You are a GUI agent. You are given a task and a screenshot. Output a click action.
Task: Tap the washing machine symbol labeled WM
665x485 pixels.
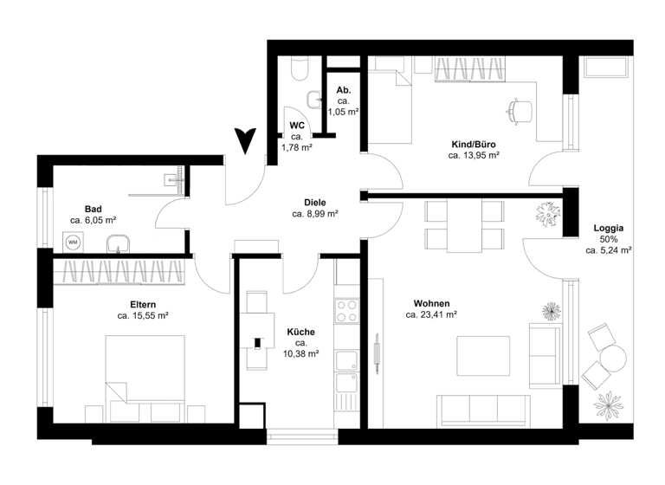74,243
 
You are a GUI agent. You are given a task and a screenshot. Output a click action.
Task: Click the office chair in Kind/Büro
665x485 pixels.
518,109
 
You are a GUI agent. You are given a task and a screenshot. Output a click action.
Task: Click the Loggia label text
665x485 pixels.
609,229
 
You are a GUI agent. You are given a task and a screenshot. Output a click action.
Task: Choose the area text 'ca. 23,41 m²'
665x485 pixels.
431,315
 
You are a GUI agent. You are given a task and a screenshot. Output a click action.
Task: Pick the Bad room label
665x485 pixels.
94,209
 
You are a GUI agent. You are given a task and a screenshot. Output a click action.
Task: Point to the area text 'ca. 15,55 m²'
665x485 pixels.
143,316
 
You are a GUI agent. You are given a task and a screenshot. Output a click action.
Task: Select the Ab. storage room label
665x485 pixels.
343,90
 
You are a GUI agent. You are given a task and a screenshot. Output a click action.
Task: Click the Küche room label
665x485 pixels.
300,332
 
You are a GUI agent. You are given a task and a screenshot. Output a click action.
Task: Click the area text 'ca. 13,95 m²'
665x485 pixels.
474,156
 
